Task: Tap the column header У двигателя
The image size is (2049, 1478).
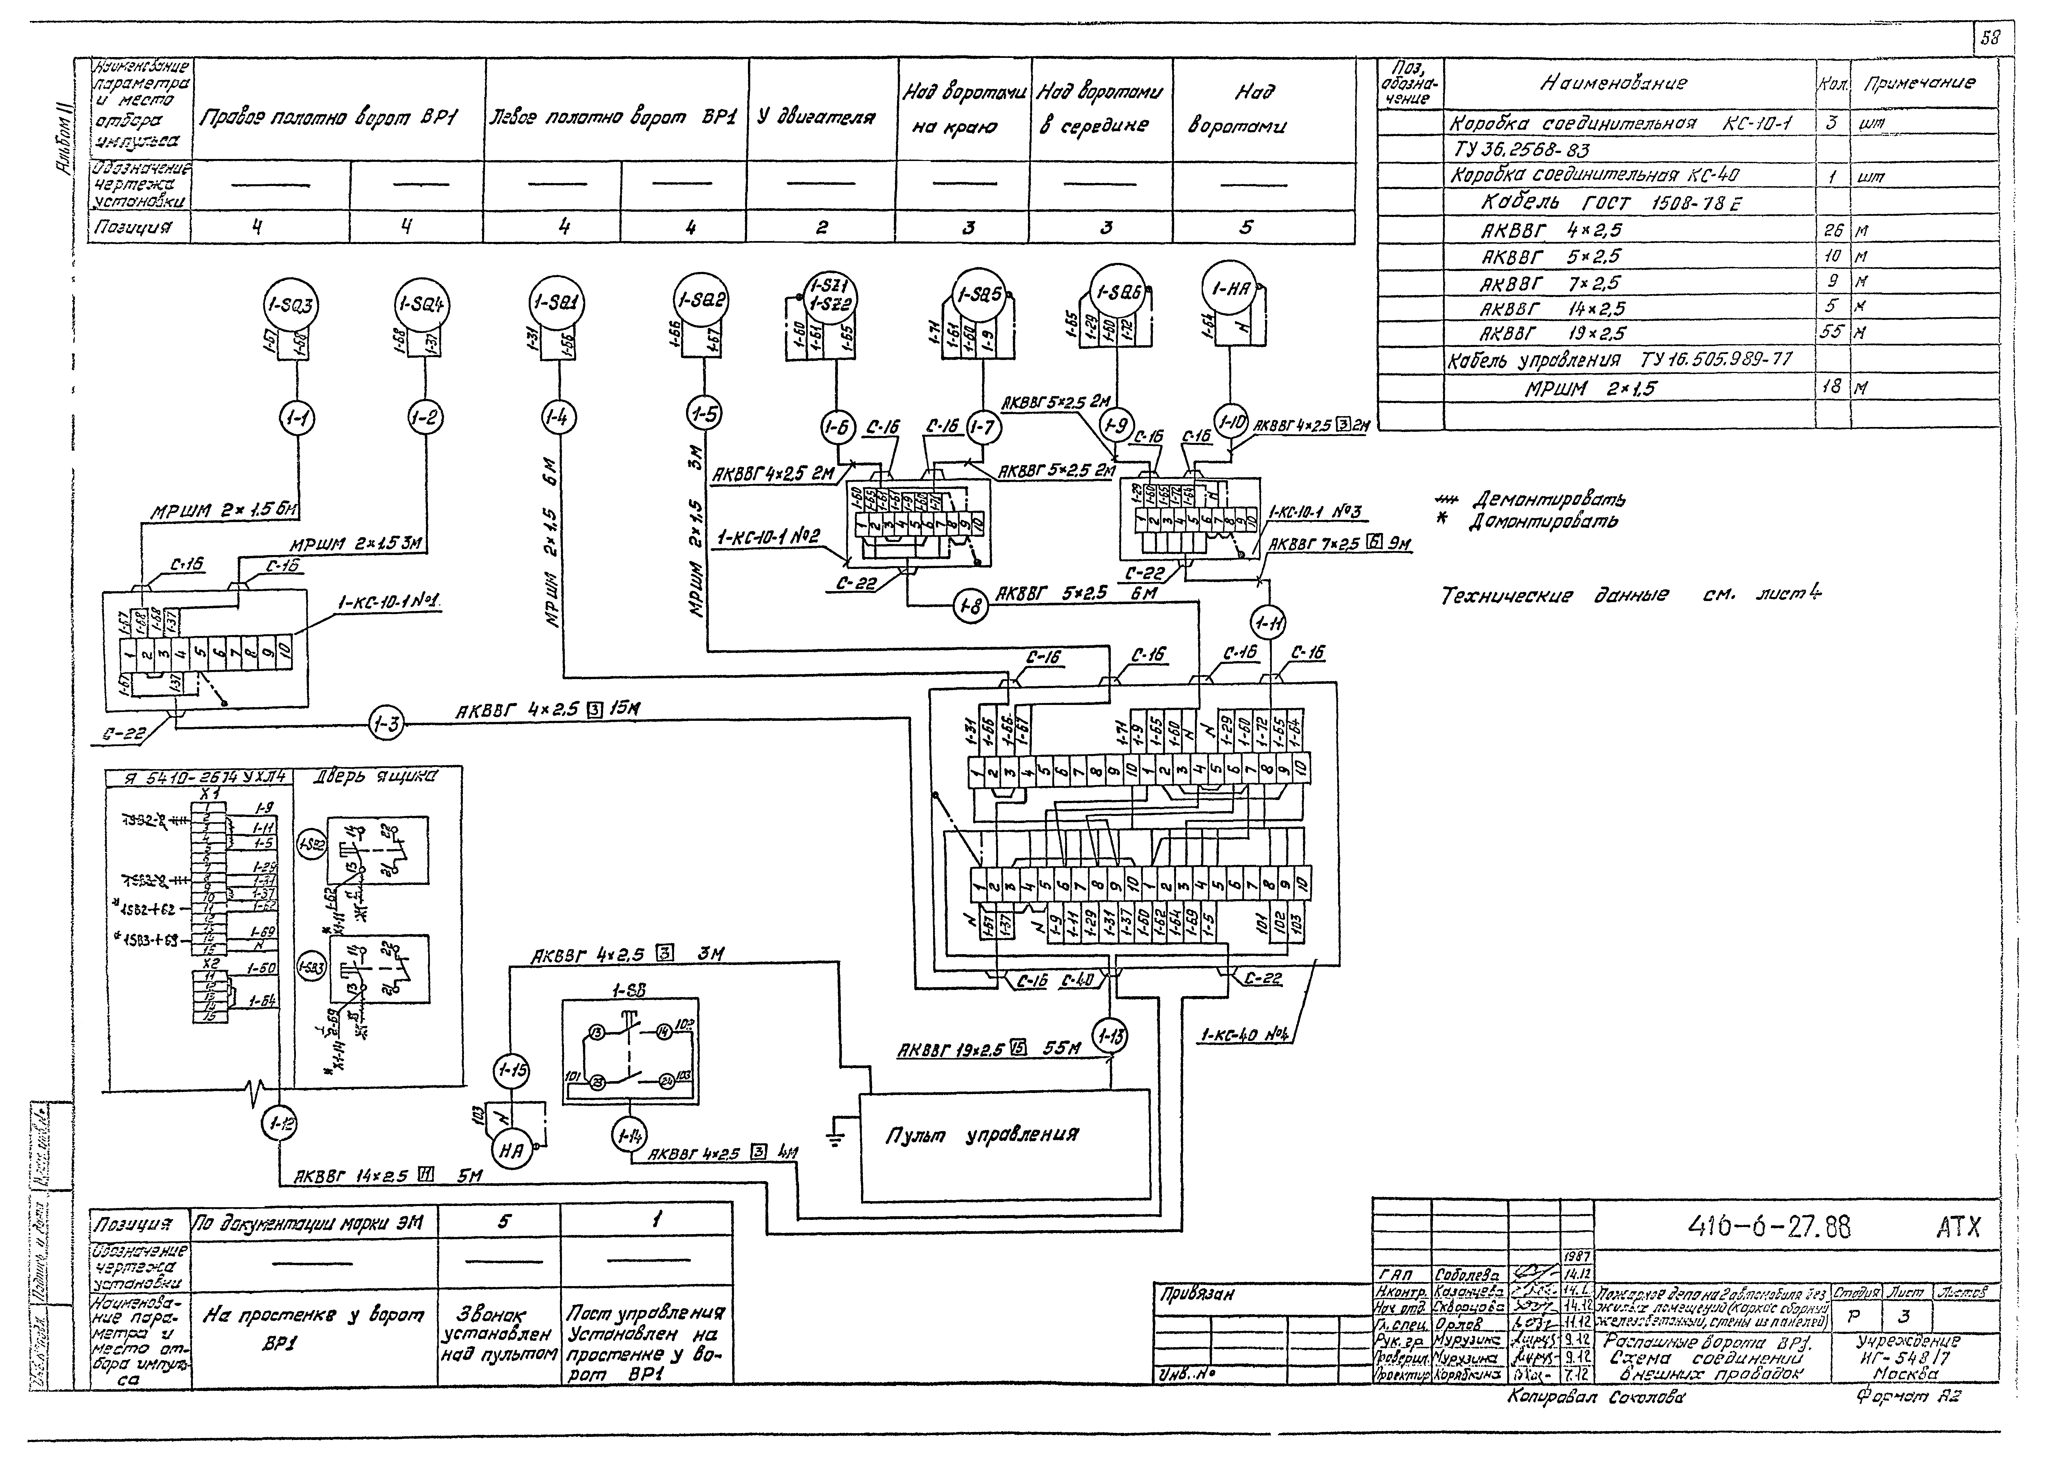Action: [816, 118]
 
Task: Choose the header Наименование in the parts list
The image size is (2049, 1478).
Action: [1613, 83]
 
